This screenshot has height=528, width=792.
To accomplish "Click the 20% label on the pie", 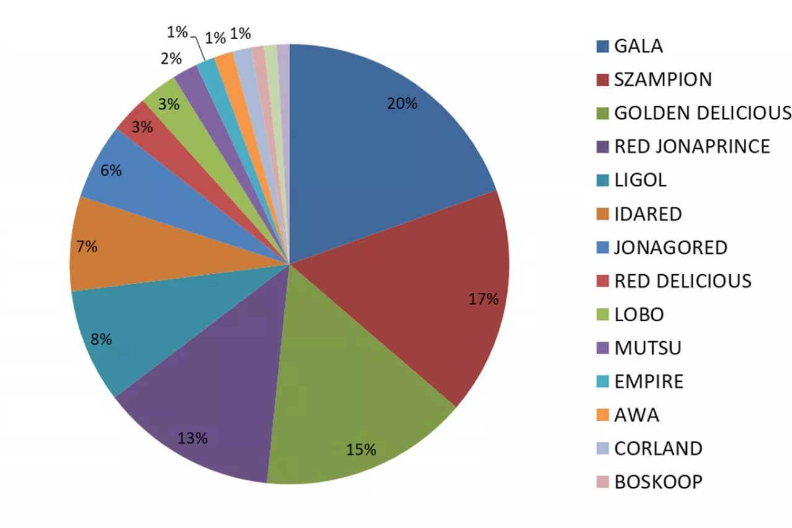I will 402,104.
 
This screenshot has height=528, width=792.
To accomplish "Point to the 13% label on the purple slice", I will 192,439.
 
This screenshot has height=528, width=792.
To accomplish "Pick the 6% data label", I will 111,170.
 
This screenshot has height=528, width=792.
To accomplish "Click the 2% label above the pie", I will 171,59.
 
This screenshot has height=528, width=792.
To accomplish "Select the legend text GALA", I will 639,46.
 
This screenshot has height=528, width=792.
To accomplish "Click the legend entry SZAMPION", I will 663,80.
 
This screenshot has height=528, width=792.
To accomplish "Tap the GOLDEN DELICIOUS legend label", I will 702,113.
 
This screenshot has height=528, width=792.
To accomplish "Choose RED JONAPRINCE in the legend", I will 692,147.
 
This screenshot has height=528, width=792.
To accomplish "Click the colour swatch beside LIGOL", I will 602,181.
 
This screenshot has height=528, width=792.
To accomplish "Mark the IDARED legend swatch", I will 602,214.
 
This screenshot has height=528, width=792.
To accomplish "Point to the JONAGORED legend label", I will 671,248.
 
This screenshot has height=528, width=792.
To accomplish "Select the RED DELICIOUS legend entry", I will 682,281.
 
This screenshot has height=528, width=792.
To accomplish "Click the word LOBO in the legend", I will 639,314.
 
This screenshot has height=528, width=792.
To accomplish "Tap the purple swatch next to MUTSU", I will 602,348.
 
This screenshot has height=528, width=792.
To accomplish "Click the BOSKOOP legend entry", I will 658,482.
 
